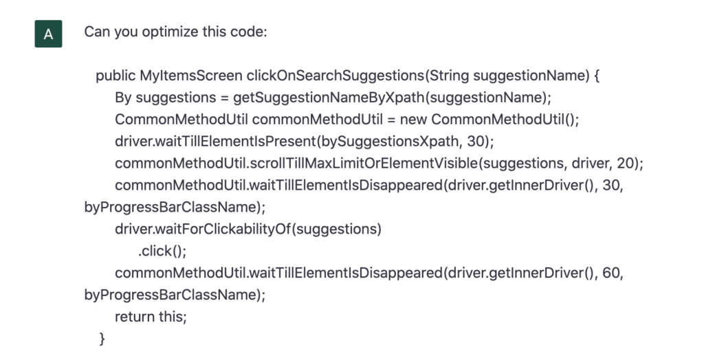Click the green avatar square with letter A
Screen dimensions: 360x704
[48, 34]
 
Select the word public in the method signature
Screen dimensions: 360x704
[115, 76]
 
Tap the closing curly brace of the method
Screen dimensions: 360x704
[102, 339]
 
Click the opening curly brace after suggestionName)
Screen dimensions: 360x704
[597, 76]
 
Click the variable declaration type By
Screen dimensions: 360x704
[123, 98]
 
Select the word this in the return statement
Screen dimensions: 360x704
[173, 317]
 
